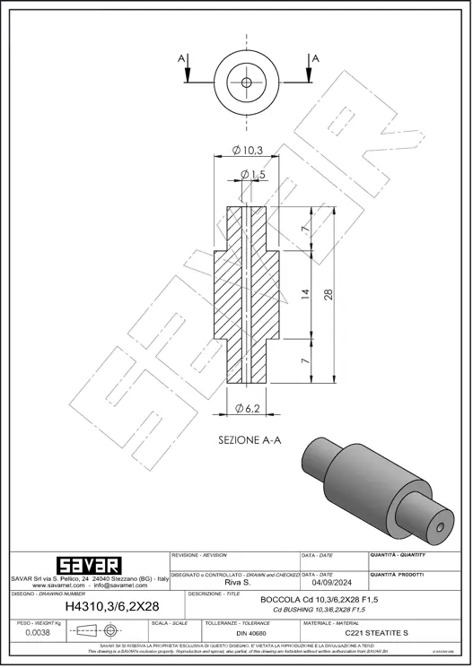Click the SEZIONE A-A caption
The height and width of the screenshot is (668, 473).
[250, 440]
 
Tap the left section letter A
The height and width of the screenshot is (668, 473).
[182, 58]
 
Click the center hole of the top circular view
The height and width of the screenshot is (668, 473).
[247, 82]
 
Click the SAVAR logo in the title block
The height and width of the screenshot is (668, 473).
[88, 566]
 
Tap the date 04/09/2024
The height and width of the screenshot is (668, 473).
[332, 581]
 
